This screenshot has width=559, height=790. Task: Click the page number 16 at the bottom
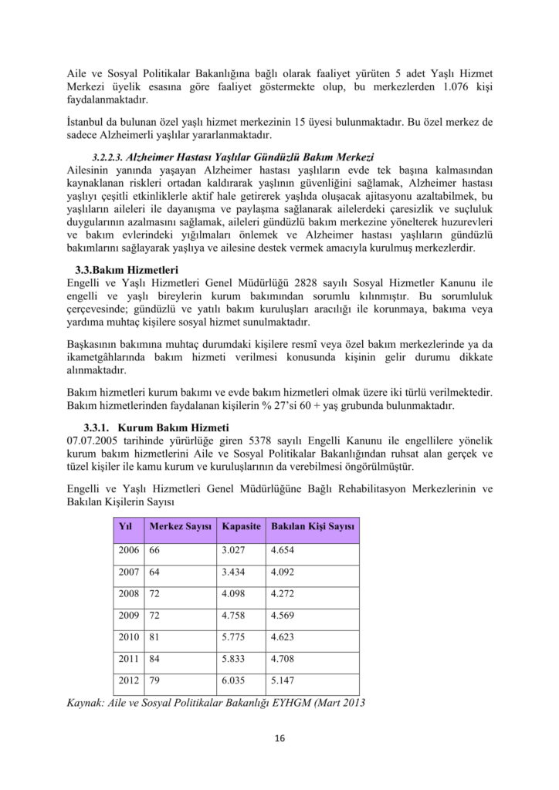(279, 738)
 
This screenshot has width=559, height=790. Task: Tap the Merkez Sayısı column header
(179, 526)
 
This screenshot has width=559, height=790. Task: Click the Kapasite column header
(240, 526)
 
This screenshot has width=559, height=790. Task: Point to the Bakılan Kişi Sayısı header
(312, 526)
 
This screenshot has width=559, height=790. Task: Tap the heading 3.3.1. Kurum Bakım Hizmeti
(156, 427)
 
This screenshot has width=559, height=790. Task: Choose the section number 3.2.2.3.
(108, 157)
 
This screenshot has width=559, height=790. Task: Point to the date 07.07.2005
(97, 440)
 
